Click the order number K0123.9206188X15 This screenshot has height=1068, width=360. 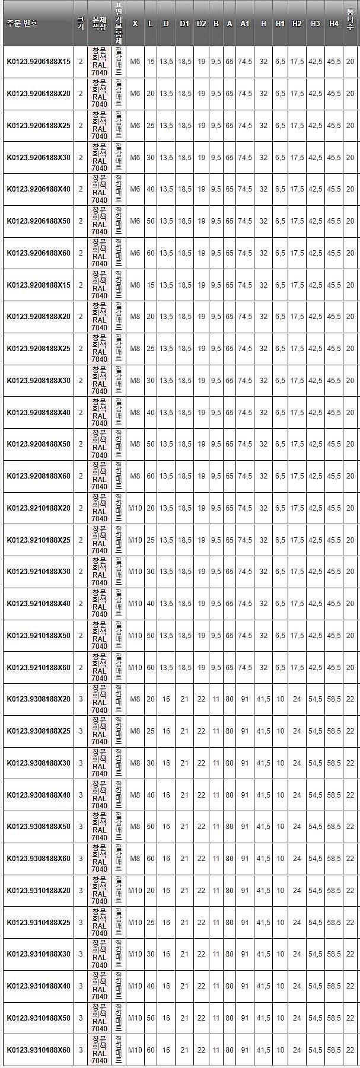[38, 62]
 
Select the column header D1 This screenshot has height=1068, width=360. [184, 23]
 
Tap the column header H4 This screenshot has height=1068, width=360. [334, 23]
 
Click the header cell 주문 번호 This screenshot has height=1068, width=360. [22, 23]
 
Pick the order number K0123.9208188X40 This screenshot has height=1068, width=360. [38, 413]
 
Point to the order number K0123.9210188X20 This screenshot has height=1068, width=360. [38, 508]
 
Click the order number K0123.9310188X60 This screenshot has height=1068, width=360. [38, 1050]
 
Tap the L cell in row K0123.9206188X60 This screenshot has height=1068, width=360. [151, 253]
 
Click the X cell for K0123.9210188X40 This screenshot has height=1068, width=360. [135, 604]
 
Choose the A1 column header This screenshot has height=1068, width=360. [245, 23]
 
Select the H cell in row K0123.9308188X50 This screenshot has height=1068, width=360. [263, 827]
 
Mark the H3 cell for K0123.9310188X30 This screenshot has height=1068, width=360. [315, 954]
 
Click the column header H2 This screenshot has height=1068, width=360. [297, 23]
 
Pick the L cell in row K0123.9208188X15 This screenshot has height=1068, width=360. [151, 285]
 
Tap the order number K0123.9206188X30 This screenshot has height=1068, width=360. [38, 158]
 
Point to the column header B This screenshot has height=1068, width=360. [216, 23]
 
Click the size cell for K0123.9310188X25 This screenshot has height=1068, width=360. [81, 923]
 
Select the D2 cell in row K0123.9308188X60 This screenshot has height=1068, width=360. [201, 859]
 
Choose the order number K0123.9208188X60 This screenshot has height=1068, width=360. [38, 476]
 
